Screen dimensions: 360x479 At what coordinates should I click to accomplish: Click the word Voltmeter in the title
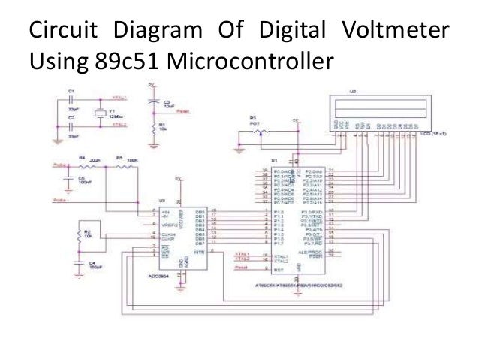click(394, 32)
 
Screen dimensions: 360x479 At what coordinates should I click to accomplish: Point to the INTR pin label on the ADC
click(199, 252)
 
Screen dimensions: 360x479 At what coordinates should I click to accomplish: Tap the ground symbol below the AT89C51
click(299, 272)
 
